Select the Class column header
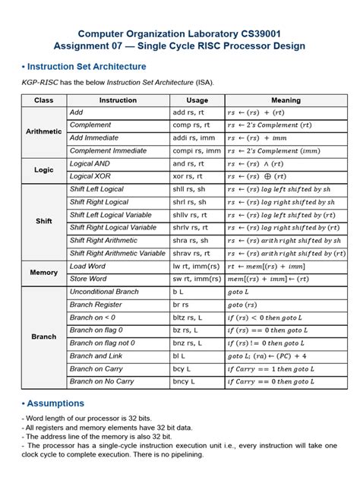[43, 99]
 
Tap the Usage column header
[197, 99]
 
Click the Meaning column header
[286, 99]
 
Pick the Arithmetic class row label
[43, 131]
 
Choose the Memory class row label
[43, 272]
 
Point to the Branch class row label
[43, 336]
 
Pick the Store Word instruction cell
[88, 279]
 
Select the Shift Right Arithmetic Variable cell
[117, 253]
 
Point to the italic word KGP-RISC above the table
[39, 82]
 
